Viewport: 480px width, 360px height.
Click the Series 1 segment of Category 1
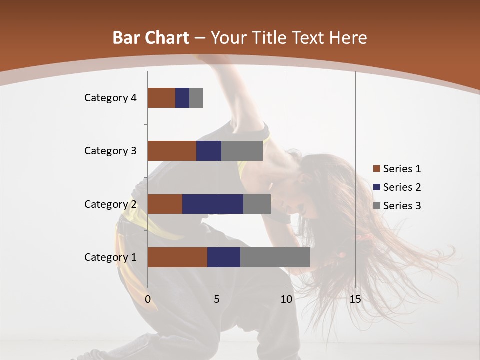pos(177,257)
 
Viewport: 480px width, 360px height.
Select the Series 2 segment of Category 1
pos(224,257)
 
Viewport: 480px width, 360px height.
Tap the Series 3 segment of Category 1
pos(275,257)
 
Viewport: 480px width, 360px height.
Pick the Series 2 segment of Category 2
pos(213,204)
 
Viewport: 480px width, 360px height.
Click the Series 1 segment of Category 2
pos(165,204)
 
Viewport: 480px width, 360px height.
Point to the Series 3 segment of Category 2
pos(257,204)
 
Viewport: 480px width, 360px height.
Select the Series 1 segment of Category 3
pos(172,151)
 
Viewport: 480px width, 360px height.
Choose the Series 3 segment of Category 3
pos(242,151)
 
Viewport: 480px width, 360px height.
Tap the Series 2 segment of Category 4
pos(182,98)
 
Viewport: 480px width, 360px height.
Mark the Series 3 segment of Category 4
pos(196,98)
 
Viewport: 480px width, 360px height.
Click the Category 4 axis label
pos(110,98)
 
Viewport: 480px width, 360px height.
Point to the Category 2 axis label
pos(110,204)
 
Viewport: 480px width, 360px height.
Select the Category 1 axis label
pos(110,257)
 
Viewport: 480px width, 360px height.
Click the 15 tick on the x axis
pos(355,299)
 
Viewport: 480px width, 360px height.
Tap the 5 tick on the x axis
pos(217,299)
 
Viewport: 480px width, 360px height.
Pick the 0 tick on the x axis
pos(148,299)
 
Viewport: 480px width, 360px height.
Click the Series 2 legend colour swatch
pos(376,187)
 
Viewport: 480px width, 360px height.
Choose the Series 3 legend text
pos(402,206)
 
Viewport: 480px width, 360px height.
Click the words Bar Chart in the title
pos(151,38)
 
